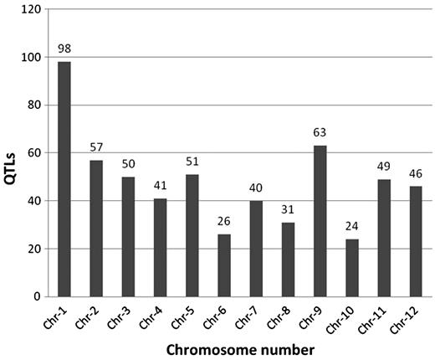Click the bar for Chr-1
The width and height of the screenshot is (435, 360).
[64, 179]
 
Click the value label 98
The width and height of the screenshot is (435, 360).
[64, 49]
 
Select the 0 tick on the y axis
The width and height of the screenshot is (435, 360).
[37, 296]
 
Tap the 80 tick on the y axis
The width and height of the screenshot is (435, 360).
[33, 105]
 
